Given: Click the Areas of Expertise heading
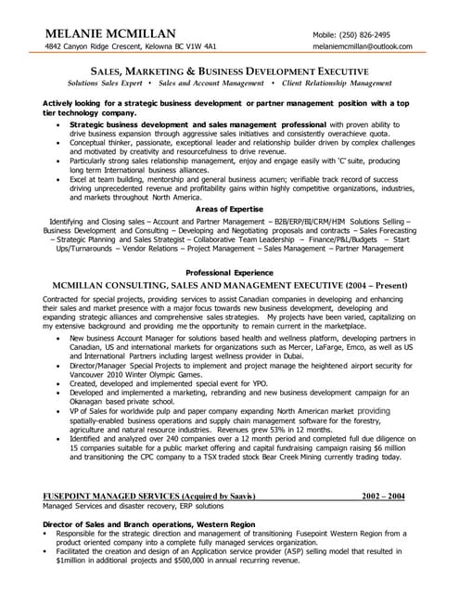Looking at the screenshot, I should pos(229,210).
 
